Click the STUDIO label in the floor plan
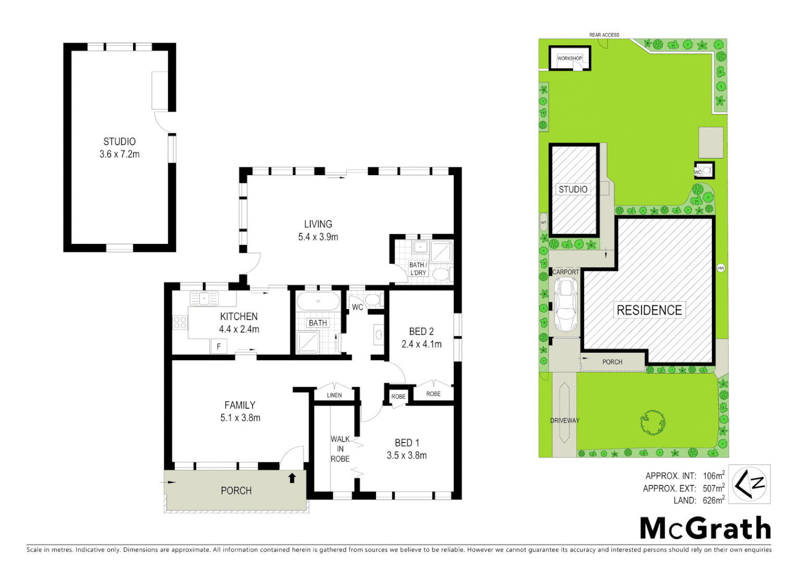pyautogui.click(x=119, y=141)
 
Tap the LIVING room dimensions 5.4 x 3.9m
pyautogui.click(x=318, y=237)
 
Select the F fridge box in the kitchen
pyautogui.click(x=219, y=346)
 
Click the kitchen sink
pyautogui.click(x=204, y=299)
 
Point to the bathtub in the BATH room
pyautogui.click(x=318, y=301)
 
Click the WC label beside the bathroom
pyautogui.click(x=357, y=307)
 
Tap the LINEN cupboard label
pyautogui.click(x=334, y=395)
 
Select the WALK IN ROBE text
pyautogui.click(x=340, y=449)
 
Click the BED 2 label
pyautogui.click(x=421, y=332)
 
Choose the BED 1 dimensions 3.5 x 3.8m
pyautogui.click(x=407, y=455)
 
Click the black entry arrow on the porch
pyautogui.click(x=292, y=478)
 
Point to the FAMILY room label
pyautogui.click(x=240, y=405)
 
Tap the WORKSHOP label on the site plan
pyautogui.click(x=569, y=58)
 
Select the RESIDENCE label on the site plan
pyautogui.click(x=649, y=310)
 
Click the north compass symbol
pyautogui.click(x=750, y=484)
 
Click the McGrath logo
pyautogui.click(x=705, y=529)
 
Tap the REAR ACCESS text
pyautogui.click(x=604, y=35)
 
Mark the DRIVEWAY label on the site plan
pyautogui.click(x=564, y=421)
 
